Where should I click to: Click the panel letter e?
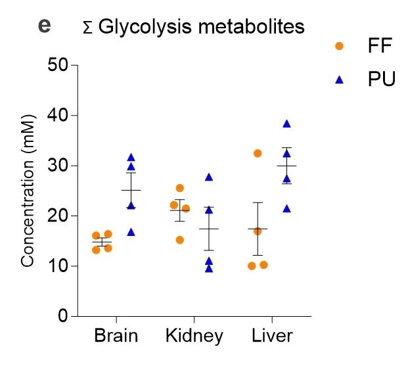(45, 26)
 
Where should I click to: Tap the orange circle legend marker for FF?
(339, 46)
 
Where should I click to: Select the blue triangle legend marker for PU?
(339, 80)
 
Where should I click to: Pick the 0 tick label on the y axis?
(64, 316)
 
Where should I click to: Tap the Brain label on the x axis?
(116, 336)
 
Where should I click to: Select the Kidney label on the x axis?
(194, 336)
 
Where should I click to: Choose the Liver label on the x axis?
(272, 336)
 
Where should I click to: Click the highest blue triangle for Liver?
(286, 124)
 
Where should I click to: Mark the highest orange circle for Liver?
(258, 153)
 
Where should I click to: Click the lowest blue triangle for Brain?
(131, 231)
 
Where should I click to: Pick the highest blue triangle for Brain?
(131, 157)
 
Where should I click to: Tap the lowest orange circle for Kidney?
(180, 240)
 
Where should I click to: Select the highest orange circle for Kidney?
(180, 188)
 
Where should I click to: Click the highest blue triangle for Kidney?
(209, 177)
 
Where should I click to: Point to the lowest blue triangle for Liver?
(286, 208)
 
